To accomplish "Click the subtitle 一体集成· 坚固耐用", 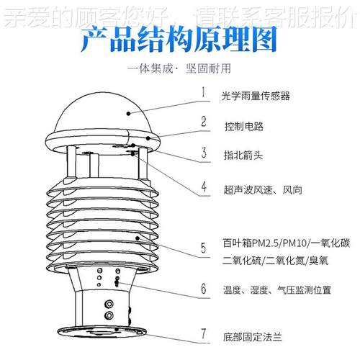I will pyautogui.click(x=180, y=70).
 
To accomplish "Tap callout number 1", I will pyautogui.click(x=204, y=92).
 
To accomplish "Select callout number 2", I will pyautogui.click(x=204, y=122).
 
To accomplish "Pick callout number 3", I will pyautogui.click(x=204, y=153).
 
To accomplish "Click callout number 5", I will pyautogui.click(x=204, y=251).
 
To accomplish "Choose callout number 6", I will pyautogui.click(x=204, y=290).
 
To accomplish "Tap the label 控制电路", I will pyautogui.click(x=243, y=126).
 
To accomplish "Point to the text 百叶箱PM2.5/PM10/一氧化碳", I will pyautogui.click(x=286, y=243).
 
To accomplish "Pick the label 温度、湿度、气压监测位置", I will pyautogui.click(x=277, y=291).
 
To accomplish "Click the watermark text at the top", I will pyautogui.click(x=180, y=12).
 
